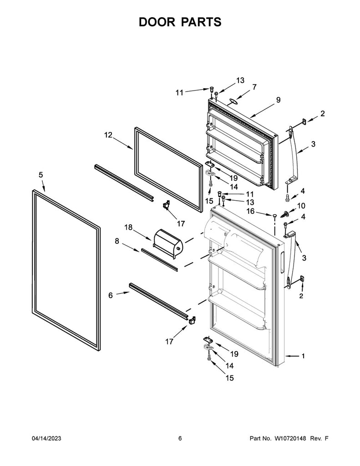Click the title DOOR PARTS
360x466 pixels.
180,22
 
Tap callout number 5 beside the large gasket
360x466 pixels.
41,174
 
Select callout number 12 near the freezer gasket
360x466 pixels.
108,135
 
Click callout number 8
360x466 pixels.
117,242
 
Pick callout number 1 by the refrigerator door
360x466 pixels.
304,356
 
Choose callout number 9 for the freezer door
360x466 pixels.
278,100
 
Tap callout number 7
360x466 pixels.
254,86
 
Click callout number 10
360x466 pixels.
301,206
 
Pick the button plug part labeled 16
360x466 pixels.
275,215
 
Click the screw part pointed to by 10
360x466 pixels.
286,213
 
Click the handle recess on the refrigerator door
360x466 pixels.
282,263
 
